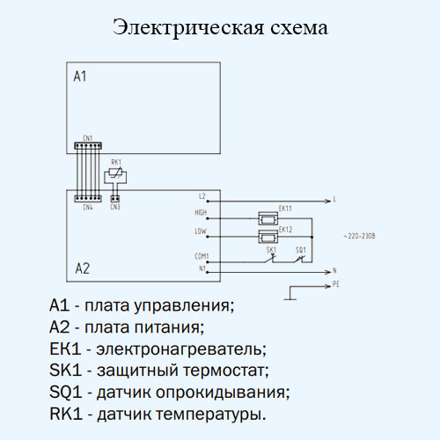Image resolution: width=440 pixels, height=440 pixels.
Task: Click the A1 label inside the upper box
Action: [x=80, y=77]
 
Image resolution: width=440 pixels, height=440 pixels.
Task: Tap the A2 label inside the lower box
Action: [x=83, y=268]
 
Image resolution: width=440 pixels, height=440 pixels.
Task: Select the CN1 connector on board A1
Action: [x=88, y=146]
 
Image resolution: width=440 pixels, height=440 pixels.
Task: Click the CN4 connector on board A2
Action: [x=88, y=199]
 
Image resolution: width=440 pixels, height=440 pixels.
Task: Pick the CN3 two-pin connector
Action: [x=115, y=199]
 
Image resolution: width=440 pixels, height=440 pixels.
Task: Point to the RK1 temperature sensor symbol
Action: [x=115, y=175]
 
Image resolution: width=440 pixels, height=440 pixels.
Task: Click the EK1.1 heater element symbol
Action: [x=268, y=218]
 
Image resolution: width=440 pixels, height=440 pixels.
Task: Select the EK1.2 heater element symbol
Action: [x=268, y=237]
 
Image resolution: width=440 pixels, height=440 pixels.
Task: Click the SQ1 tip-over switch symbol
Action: [x=299, y=259]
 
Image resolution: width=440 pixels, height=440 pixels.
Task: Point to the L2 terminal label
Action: [x=202, y=196]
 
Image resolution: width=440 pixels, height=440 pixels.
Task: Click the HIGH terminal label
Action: [x=201, y=212]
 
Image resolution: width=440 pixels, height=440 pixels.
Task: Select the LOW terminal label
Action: [x=201, y=231]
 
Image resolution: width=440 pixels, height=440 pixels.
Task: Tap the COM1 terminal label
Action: [x=202, y=256]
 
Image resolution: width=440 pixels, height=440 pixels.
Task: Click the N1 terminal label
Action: [x=202, y=268]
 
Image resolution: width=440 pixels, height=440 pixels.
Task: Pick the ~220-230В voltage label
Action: [x=359, y=236]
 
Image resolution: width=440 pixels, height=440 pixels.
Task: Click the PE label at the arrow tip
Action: [x=336, y=284]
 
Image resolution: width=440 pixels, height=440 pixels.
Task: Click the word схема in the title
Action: [x=299, y=27]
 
